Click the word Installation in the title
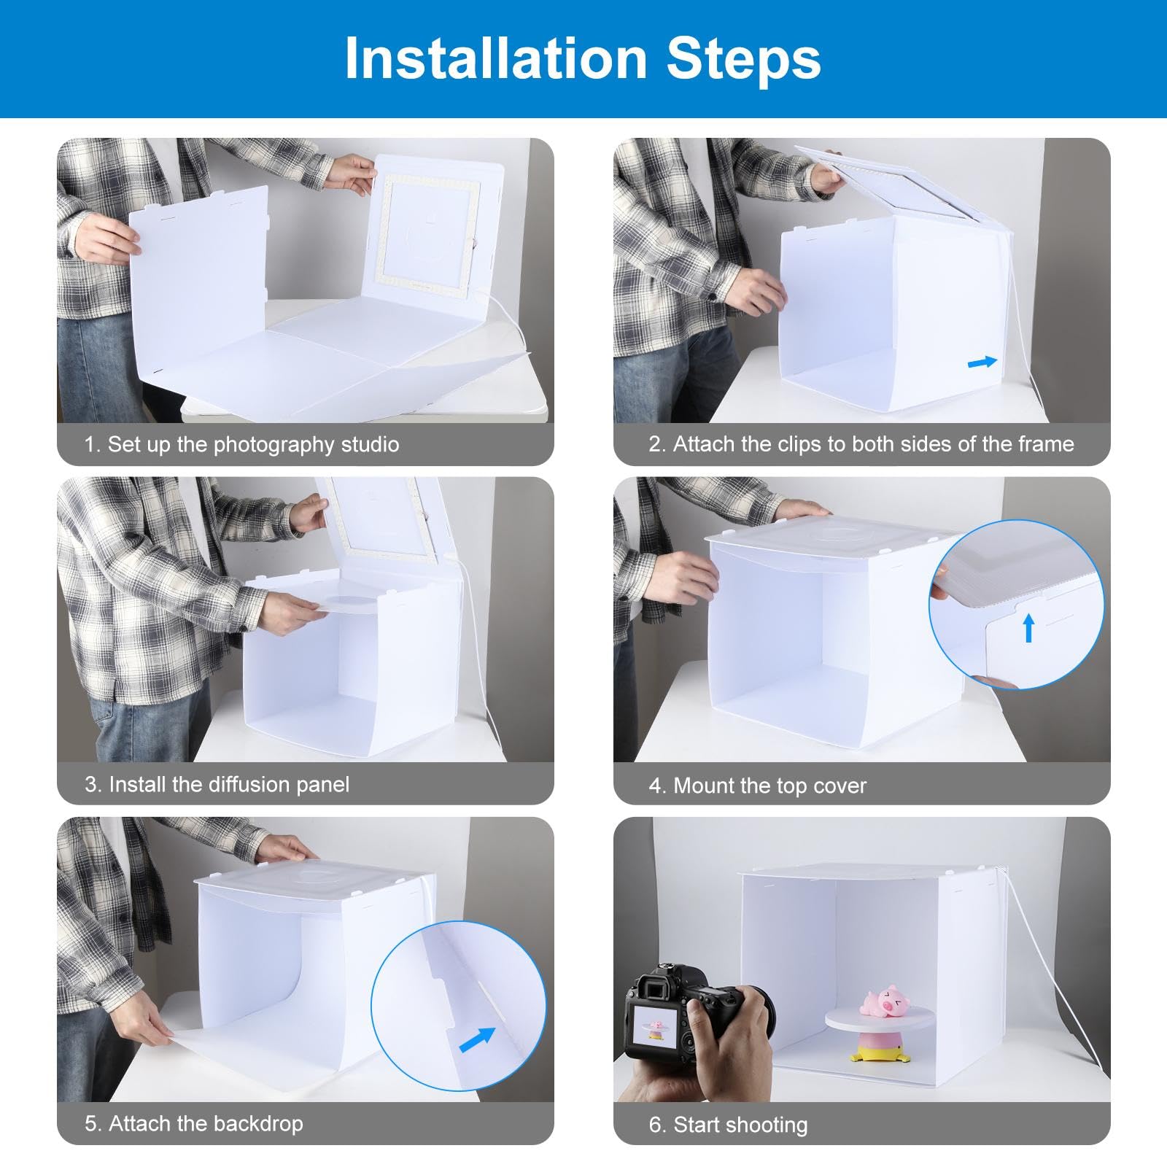tap(496, 58)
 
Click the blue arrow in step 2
tap(982, 362)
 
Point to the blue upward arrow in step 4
tap(1028, 627)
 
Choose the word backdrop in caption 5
tap(255, 1123)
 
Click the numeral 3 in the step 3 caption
tap(91, 785)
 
